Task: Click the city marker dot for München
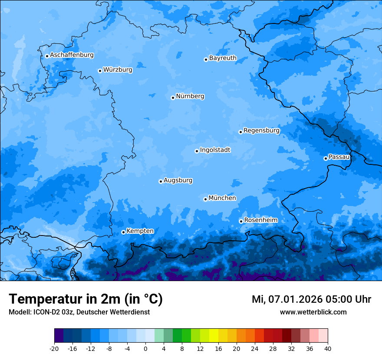click(x=205, y=199)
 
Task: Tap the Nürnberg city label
click(x=190, y=96)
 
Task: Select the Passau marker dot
click(x=326, y=158)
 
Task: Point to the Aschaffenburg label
click(x=72, y=55)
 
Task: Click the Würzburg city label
click(x=118, y=70)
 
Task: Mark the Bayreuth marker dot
click(x=206, y=59)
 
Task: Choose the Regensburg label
click(x=261, y=131)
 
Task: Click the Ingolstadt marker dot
click(x=197, y=151)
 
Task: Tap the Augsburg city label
click(x=178, y=180)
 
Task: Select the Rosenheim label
click(x=260, y=220)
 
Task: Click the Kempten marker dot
click(x=123, y=232)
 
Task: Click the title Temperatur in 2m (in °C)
click(x=86, y=299)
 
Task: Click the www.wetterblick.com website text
click(x=313, y=312)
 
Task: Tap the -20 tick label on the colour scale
click(x=54, y=348)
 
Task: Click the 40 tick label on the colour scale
click(x=328, y=348)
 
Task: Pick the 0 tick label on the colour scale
click(x=145, y=348)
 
